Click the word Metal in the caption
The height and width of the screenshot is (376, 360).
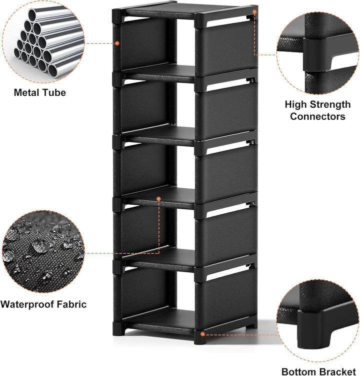tap(26, 93)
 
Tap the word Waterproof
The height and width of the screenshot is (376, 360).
tap(24, 304)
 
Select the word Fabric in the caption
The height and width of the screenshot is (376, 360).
tap(68, 304)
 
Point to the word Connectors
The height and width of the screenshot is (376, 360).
tap(317, 117)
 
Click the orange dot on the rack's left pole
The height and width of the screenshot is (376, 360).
tap(117, 43)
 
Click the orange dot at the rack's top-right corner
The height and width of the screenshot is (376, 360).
tap(254, 12)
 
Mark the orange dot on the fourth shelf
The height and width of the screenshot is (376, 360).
tap(158, 199)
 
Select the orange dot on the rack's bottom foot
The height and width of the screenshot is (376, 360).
tap(202, 333)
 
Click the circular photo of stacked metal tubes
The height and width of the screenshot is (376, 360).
tap(43, 42)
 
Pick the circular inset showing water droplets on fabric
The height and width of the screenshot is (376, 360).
tap(43, 252)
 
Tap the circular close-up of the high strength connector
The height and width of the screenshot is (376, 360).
tap(317, 54)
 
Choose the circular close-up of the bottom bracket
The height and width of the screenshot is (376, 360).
tap(317, 321)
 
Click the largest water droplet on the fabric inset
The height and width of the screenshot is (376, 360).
tap(39, 246)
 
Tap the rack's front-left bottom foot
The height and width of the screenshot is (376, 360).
tap(119, 328)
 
